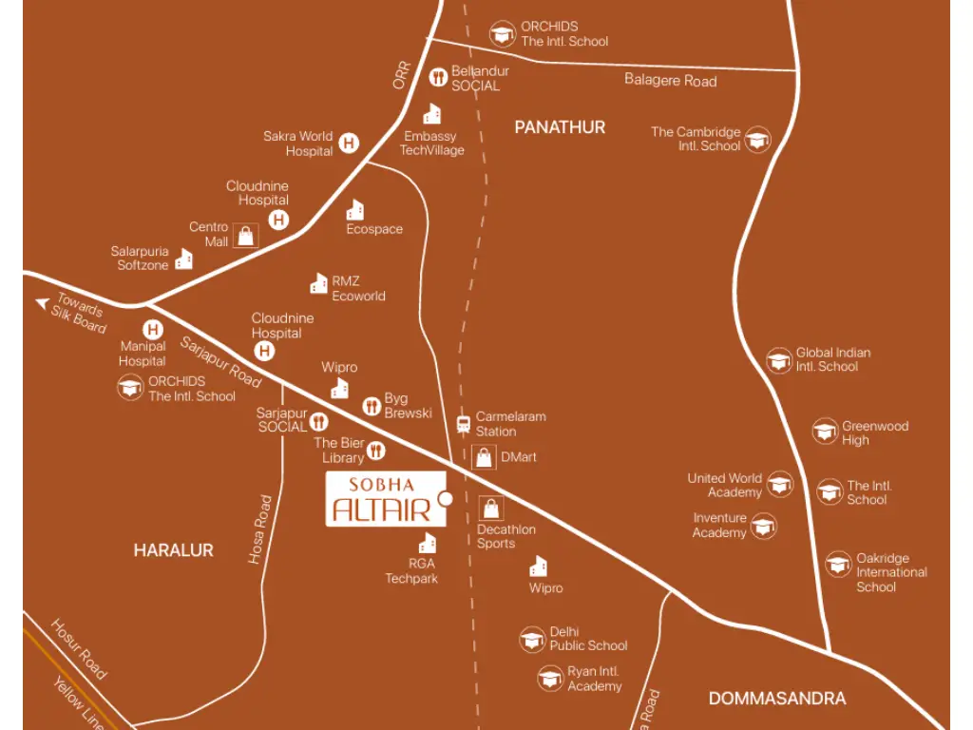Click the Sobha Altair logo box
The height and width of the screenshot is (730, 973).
(385, 498)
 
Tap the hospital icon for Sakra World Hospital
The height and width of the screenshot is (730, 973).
(350, 144)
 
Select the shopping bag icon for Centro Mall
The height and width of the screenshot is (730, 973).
(246, 236)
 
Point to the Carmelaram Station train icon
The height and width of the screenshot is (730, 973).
(463, 424)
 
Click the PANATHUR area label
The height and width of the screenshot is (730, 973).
(560, 127)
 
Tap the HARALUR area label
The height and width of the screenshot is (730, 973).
(173, 550)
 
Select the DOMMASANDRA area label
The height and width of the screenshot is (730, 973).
(776, 699)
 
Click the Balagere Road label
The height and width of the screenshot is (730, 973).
(670, 81)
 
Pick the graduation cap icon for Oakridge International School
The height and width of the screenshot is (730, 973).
(838, 565)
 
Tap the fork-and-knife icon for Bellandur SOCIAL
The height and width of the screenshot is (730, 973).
(438, 78)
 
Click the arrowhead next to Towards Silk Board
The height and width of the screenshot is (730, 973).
(42, 303)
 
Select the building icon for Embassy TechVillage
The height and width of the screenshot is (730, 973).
(432, 114)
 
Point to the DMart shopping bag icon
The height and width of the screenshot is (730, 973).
(484, 457)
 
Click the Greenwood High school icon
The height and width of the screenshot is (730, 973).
(825, 432)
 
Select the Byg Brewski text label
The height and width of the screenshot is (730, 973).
(408, 406)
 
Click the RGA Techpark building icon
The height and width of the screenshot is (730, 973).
(428, 543)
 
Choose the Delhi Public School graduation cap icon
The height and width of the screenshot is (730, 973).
(532, 640)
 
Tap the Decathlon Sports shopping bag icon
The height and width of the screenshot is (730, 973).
(491, 509)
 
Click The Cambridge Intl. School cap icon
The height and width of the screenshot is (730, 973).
(757, 140)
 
